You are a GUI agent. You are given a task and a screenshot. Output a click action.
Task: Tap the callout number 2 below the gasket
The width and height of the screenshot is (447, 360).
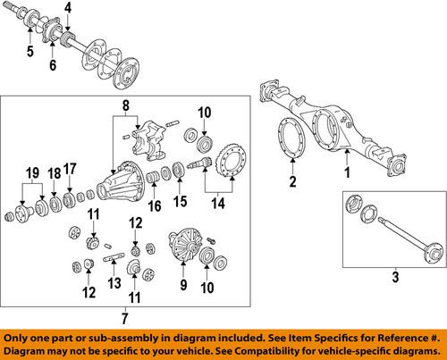(291, 183)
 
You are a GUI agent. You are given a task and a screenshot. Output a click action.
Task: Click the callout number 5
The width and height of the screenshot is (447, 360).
(30, 64)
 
